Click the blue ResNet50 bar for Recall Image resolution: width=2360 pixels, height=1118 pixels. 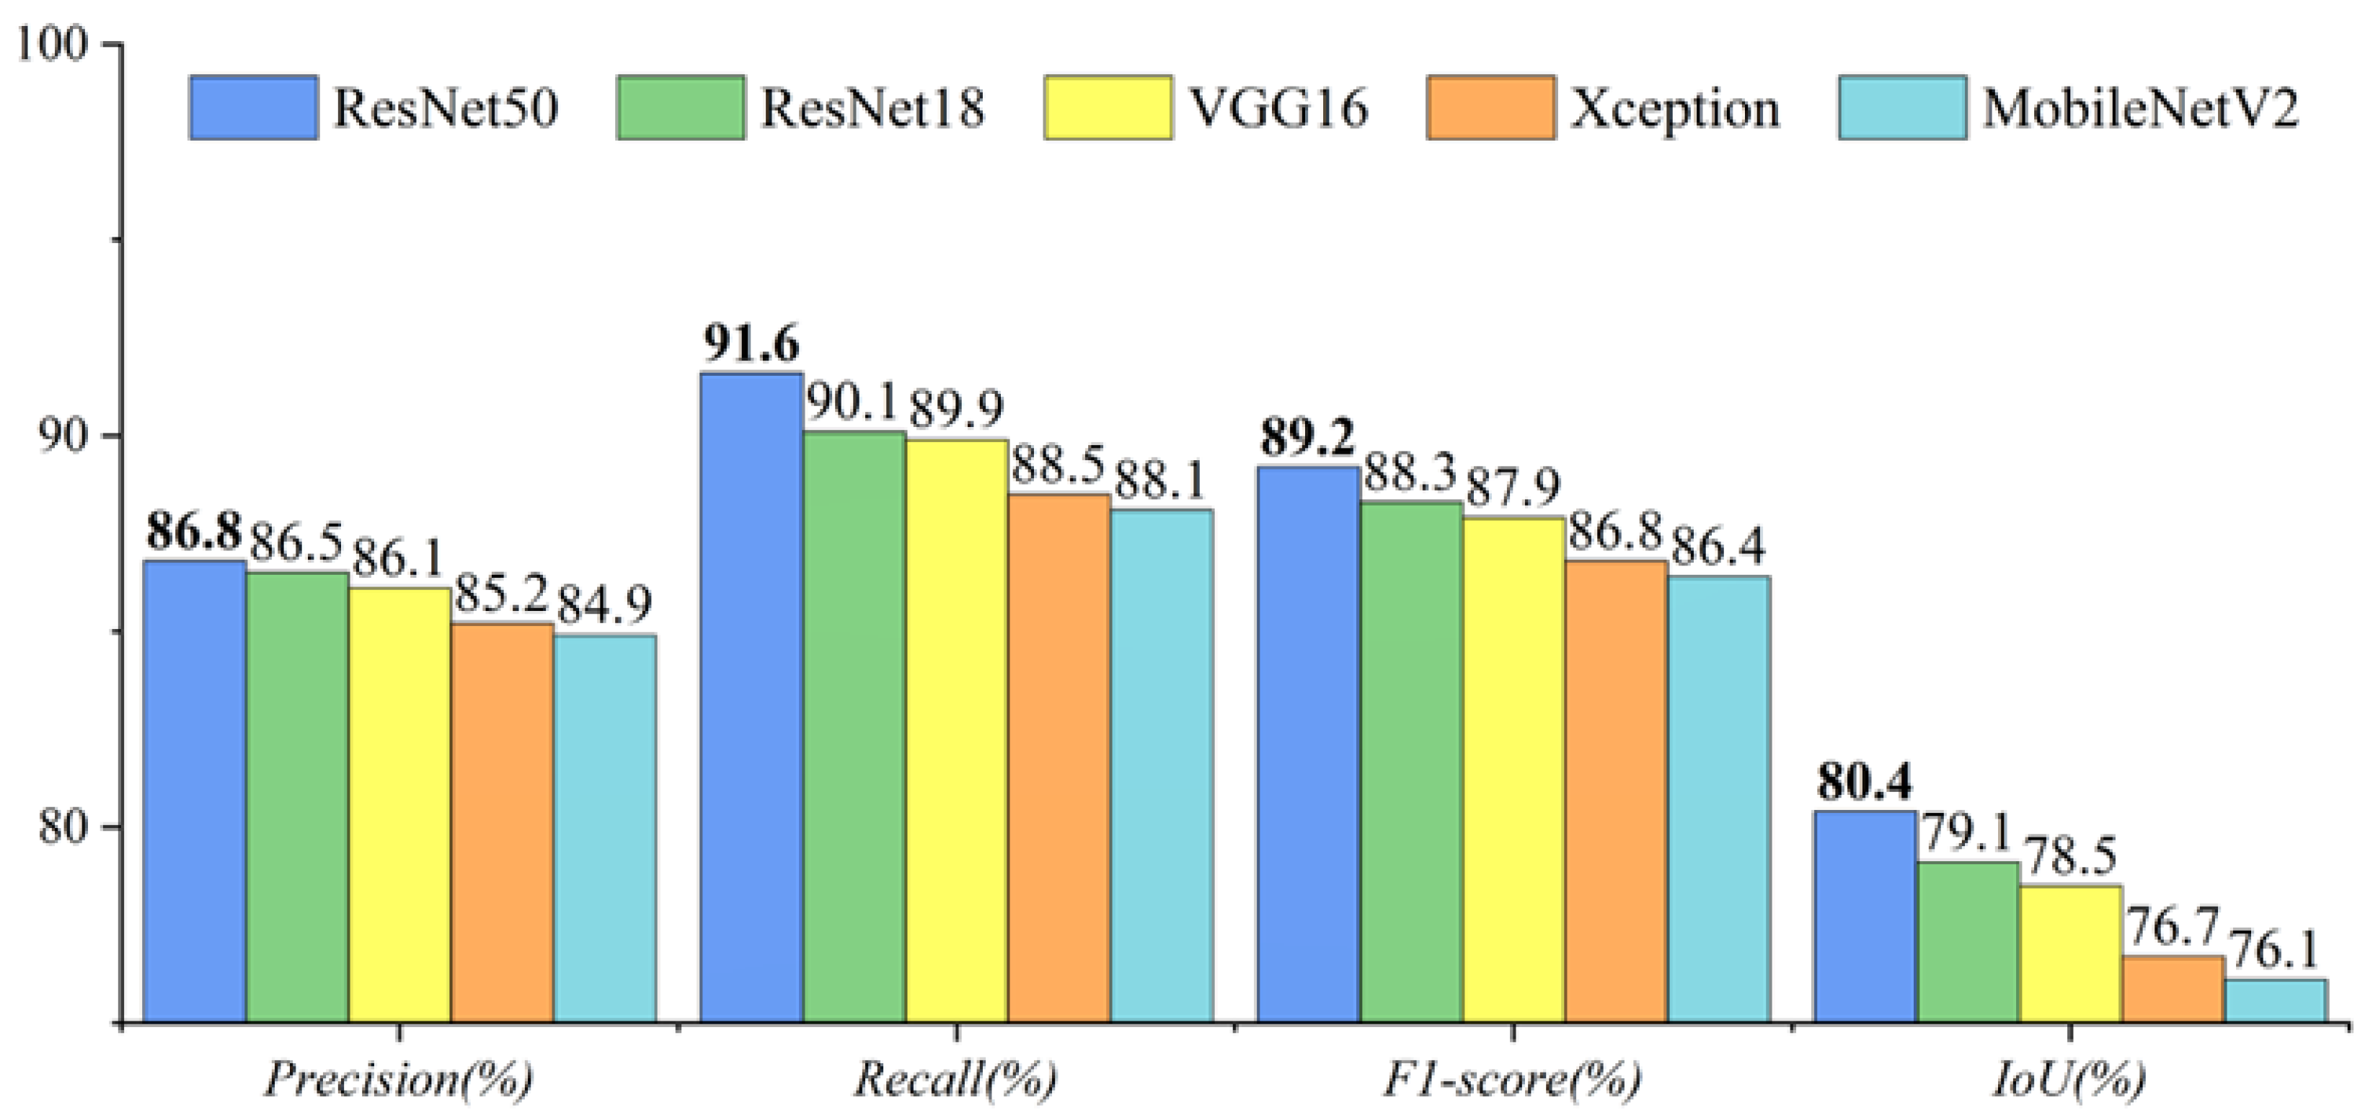pyautogui.click(x=751, y=697)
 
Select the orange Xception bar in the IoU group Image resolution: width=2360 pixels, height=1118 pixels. pyautogui.click(x=2173, y=989)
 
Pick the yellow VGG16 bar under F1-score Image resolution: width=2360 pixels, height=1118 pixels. pyautogui.click(x=1513, y=769)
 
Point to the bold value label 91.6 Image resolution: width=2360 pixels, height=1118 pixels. pyautogui.click(x=751, y=345)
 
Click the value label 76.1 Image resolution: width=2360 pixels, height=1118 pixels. pyautogui.click(x=2276, y=951)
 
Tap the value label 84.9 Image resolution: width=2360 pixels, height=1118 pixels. pyautogui.click(x=605, y=605)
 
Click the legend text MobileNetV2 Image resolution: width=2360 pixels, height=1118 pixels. pyautogui.click(x=2140, y=109)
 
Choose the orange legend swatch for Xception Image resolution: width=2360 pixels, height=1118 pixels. pyautogui.click(x=1490, y=108)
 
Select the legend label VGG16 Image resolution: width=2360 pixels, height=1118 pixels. pyautogui.click(x=1279, y=109)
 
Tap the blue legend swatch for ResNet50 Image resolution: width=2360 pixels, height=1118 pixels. pyautogui.click(x=254, y=108)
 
